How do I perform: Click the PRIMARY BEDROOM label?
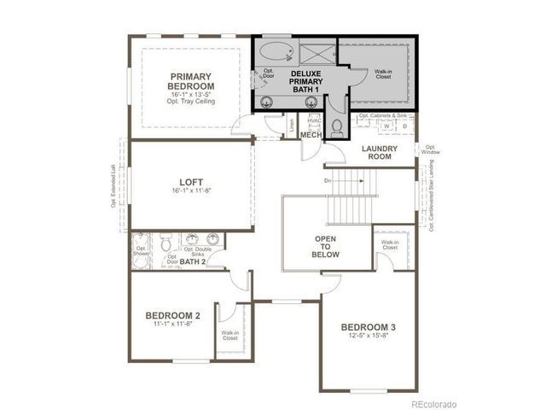191,80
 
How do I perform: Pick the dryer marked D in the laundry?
404,126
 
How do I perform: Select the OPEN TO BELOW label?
327,247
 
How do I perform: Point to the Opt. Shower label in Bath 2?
142,253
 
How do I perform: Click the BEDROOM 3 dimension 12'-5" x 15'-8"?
369,337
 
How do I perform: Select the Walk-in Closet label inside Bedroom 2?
229,336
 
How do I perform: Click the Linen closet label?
291,124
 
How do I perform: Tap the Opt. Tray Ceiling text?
191,102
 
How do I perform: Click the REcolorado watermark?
433,403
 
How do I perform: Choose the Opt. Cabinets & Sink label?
385,115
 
